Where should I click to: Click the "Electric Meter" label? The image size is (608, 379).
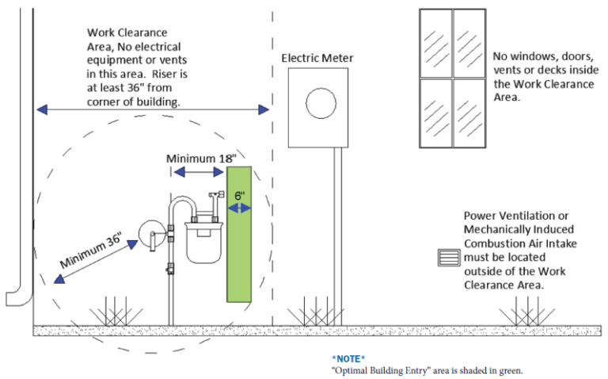pos(317,58)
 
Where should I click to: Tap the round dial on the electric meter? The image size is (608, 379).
pos(321,104)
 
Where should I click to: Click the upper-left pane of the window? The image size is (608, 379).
pos(435,44)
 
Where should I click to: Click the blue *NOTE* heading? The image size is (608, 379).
pos(348,358)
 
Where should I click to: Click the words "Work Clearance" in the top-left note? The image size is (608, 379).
pos(127,33)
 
